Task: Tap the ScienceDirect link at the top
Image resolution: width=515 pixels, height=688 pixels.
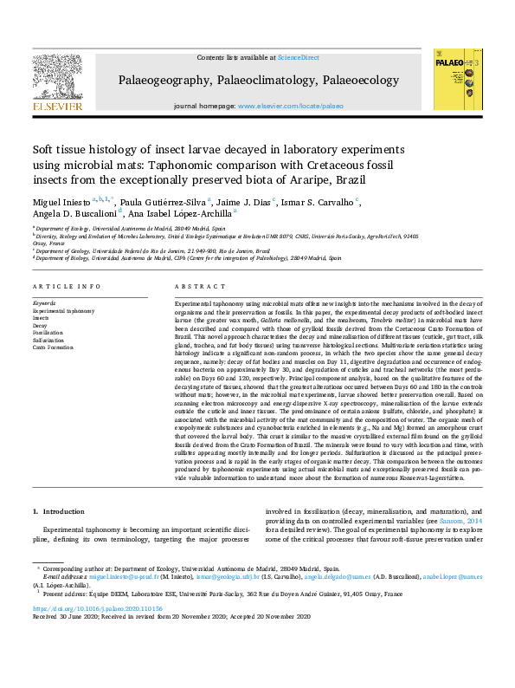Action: pos(299,57)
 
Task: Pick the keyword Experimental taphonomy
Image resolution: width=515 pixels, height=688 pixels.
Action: pos(63,309)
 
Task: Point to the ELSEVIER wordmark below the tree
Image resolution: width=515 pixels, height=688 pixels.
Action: pos(58,106)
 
